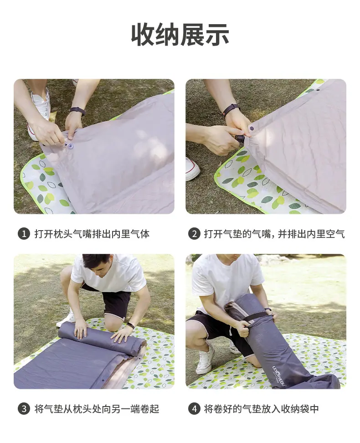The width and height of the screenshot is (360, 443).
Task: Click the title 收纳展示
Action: (x=180, y=35)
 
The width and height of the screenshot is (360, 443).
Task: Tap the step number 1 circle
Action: (x=24, y=234)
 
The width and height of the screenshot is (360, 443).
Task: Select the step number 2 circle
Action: (x=194, y=234)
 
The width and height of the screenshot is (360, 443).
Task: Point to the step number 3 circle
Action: (x=24, y=409)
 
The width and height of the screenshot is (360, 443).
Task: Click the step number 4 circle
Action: (x=194, y=409)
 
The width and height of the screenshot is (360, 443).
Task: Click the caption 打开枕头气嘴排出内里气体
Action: (x=92, y=234)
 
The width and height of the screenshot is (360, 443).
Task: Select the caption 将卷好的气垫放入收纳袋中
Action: (x=262, y=409)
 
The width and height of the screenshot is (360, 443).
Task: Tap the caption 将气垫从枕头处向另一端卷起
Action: (x=97, y=409)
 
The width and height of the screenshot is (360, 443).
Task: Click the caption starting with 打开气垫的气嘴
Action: (x=274, y=234)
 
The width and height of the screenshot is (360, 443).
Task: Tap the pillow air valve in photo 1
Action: (x=69, y=146)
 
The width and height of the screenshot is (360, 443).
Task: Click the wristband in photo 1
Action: (x=77, y=110)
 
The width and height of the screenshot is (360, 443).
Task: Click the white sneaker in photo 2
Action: (x=192, y=169)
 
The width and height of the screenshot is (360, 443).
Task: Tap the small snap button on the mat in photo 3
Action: (x=103, y=380)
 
